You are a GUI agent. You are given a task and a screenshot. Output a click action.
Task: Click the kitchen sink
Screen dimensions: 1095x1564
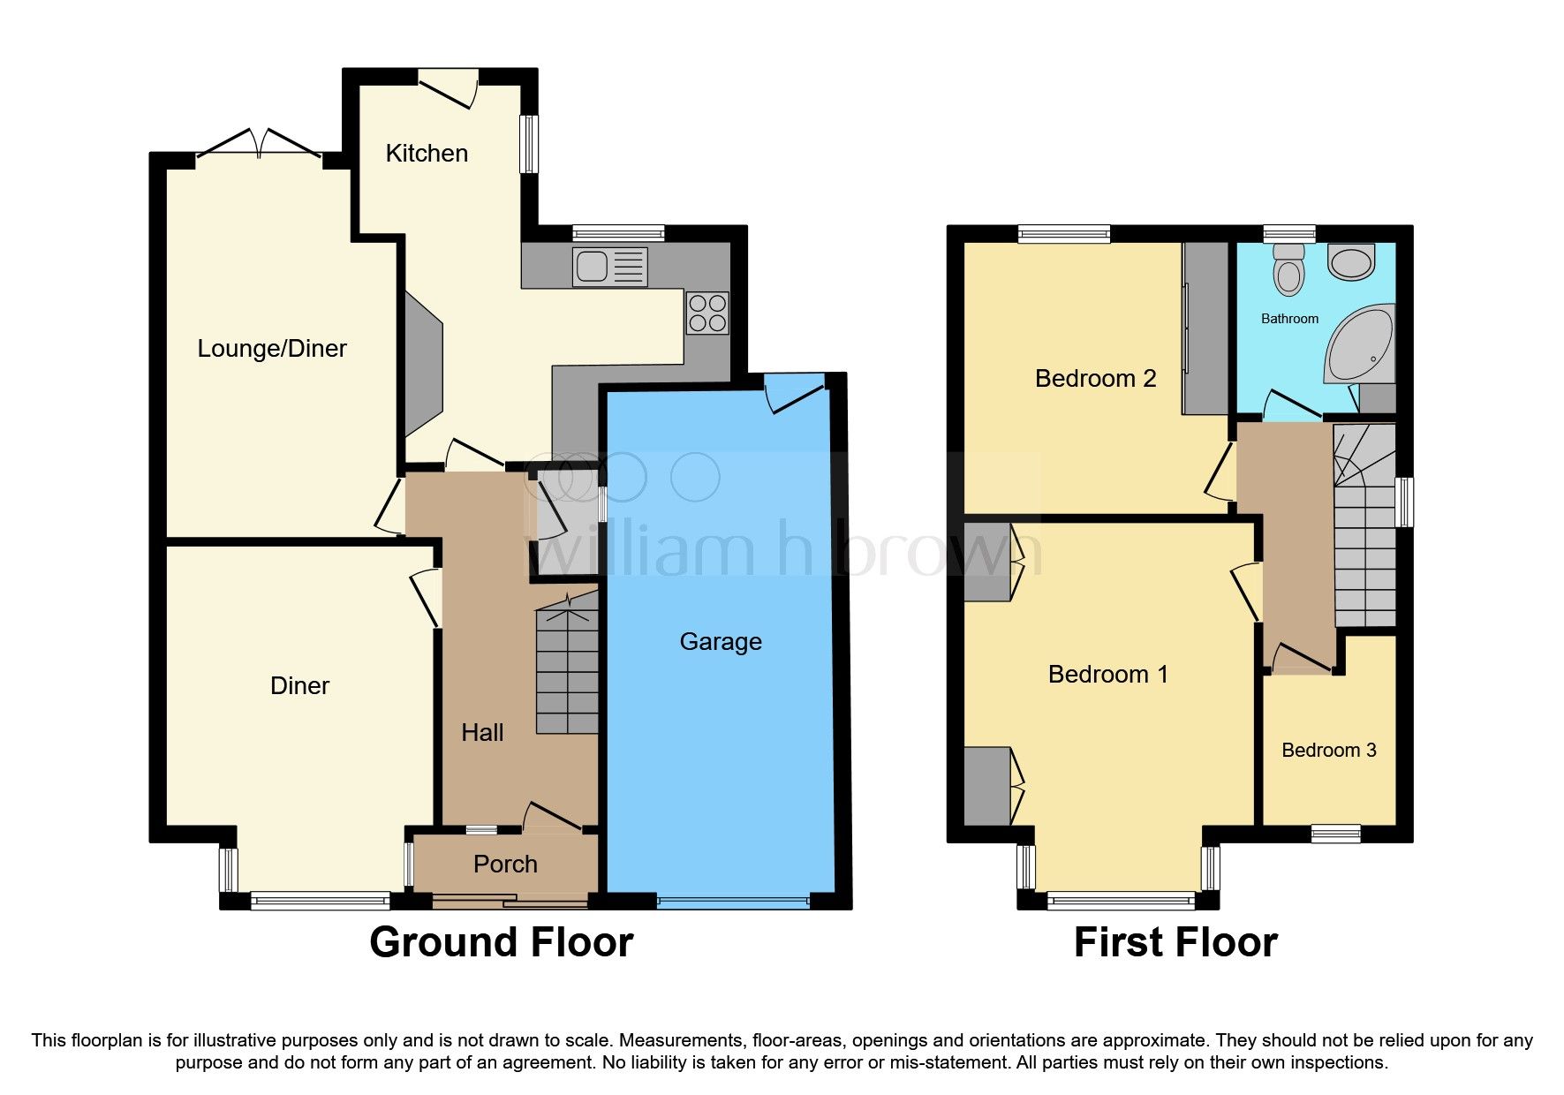609,267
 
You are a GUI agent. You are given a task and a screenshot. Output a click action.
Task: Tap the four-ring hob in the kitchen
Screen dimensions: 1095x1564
707,313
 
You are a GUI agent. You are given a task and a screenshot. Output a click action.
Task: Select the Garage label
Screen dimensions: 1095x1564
720,642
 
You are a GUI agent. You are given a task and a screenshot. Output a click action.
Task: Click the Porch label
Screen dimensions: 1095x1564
505,864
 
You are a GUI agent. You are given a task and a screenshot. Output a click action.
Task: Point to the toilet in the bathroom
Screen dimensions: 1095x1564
1289,269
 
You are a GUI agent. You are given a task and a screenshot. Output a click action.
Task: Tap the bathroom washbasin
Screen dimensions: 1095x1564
1350,262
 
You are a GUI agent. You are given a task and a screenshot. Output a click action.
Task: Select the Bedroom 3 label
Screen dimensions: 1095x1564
1328,751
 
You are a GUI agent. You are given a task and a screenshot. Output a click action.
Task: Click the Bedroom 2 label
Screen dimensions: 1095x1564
1095,379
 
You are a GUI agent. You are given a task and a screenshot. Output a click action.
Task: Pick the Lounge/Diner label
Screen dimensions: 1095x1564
271,349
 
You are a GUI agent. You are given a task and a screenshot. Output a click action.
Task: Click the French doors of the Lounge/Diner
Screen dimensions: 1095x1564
259,147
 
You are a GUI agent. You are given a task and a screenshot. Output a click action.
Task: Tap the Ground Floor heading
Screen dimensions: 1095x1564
501,942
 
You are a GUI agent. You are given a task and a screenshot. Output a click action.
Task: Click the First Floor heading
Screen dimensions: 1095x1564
1175,942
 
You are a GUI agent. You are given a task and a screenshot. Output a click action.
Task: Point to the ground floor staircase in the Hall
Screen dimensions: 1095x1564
567,667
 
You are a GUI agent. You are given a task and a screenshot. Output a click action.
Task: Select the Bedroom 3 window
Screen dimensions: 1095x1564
1335,833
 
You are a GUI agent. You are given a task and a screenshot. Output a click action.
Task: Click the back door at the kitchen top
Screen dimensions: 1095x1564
448,88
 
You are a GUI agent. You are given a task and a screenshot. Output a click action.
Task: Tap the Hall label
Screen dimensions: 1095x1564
482,733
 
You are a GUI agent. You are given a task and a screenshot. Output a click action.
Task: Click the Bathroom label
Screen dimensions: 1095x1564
1289,319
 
